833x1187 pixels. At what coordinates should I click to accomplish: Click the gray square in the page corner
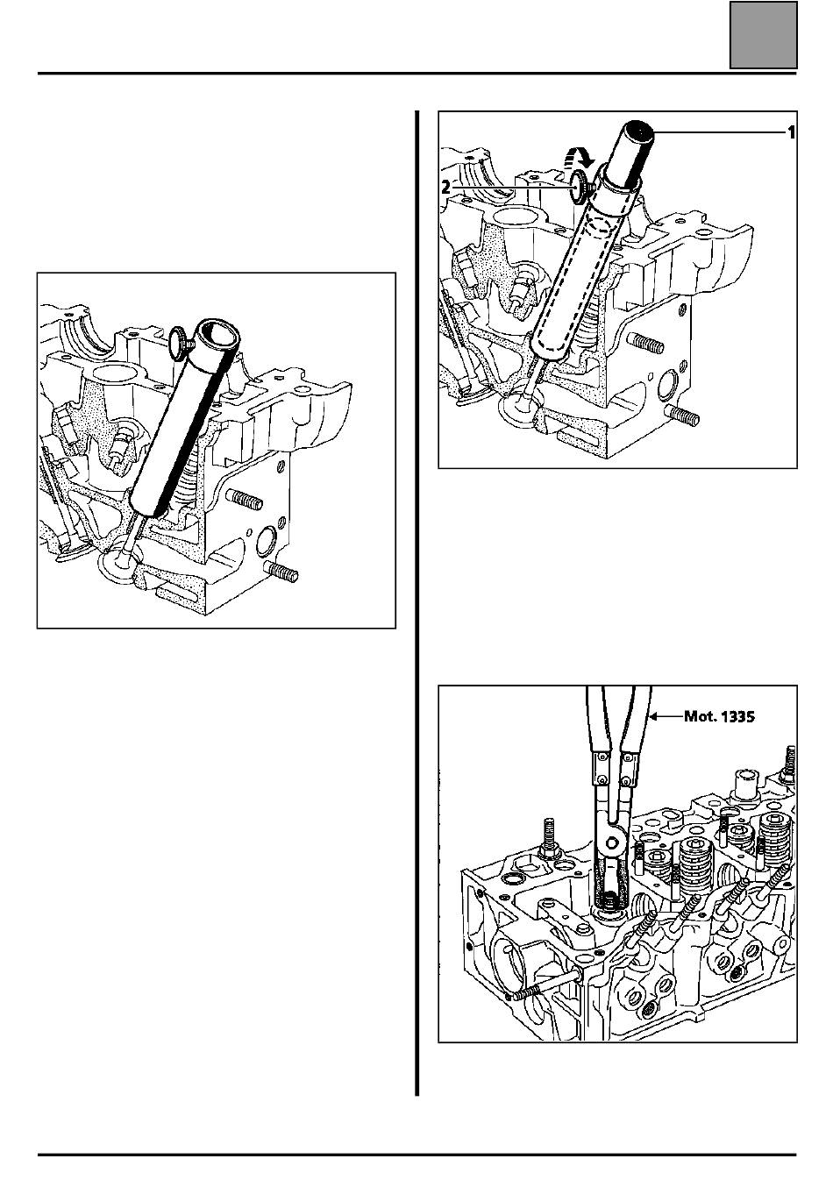click(x=763, y=35)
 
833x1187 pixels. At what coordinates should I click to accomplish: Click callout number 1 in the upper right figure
click(x=791, y=132)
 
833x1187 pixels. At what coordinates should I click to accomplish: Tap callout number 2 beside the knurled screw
click(x=446, y=188)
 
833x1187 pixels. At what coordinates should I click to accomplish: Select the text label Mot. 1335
click(x=719, y=716)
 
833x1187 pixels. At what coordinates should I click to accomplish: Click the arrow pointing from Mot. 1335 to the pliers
click(x=666, y=717)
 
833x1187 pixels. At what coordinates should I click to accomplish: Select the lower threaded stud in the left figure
click(x=281, y=572)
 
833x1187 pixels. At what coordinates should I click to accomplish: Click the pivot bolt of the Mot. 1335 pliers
click(x=613, y=843)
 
